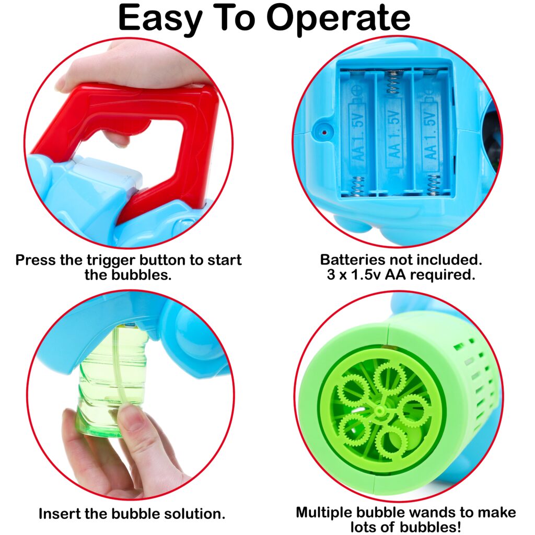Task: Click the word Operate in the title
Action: coord(338,19)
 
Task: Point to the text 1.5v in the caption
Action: coord(366,275)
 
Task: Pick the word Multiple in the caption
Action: coord(323,513)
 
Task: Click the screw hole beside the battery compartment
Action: coord(324,132)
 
